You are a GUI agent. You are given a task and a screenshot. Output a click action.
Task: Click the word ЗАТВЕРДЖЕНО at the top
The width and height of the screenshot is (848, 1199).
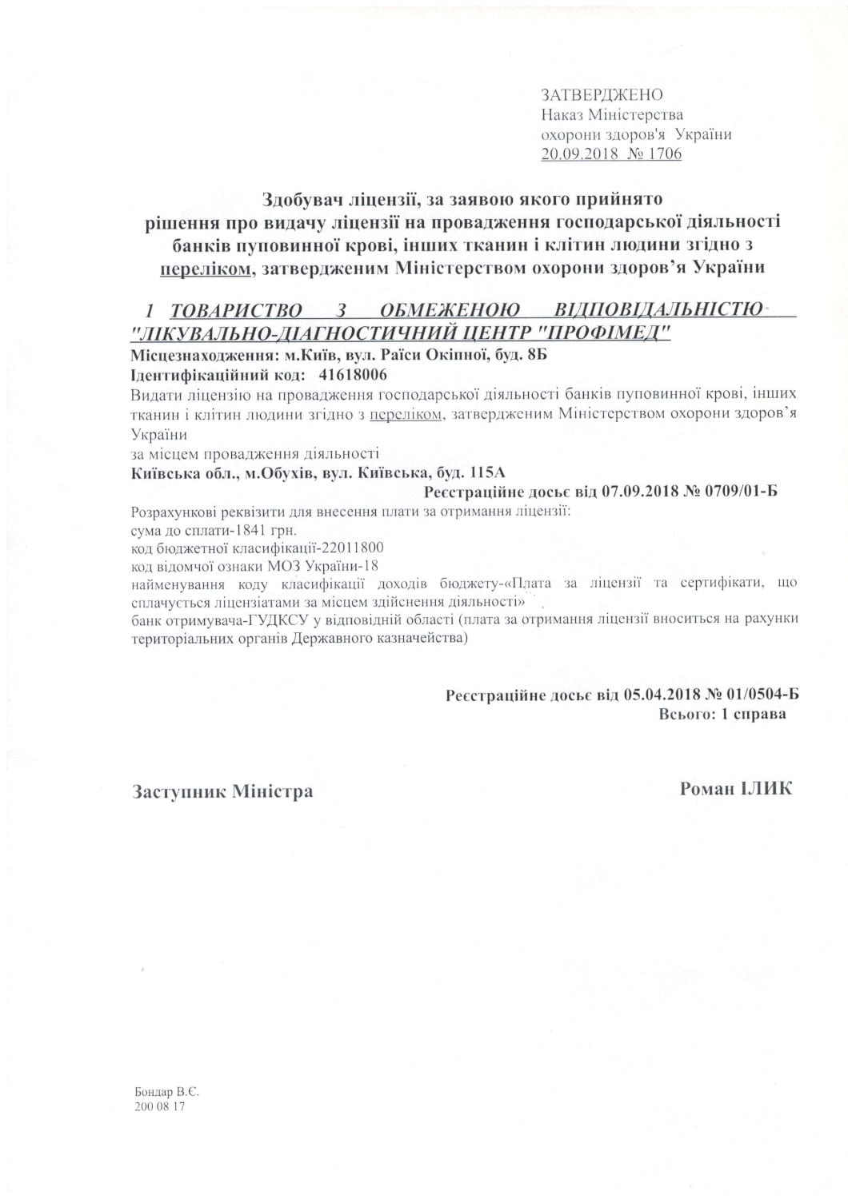click(x=602, y=95)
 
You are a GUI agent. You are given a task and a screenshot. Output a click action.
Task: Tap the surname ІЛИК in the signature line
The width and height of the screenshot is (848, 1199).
click(x=765, y=789)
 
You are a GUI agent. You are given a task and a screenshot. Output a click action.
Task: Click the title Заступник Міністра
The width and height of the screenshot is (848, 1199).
click(x=222, y=791)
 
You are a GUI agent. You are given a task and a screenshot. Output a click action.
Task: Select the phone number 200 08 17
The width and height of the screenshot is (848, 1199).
click(x=160, y=1107)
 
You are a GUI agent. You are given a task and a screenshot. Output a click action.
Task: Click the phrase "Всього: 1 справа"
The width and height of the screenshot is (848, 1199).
click(x=722, y=714)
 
